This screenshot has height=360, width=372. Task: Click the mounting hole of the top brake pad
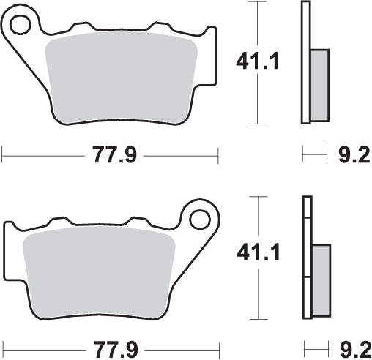coord(21,25)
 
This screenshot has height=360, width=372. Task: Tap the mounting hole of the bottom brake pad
coord(200,219)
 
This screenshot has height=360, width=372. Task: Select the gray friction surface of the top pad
coord(123,73)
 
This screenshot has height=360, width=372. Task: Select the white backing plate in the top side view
coord(305,62)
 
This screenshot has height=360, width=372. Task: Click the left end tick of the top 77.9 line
coord(3,154)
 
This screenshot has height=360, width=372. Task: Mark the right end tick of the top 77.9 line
coord(218,154)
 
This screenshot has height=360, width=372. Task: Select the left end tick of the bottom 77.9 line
coord(3,348)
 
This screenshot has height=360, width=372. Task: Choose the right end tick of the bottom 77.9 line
coord(218,348)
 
